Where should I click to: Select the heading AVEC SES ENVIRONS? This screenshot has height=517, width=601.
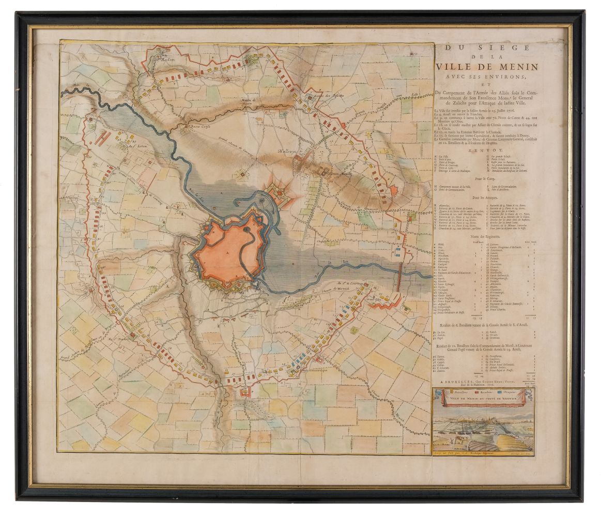tap(479, 77)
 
